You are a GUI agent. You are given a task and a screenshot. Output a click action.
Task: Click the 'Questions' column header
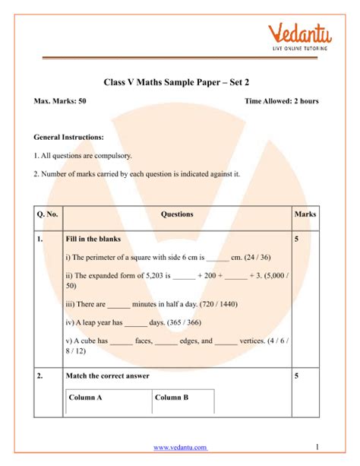pyautogui.click(x=178, y=214)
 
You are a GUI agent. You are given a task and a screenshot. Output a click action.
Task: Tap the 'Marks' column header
pyautogui.click(x=305, y=214)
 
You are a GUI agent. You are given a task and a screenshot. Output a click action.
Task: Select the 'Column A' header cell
pyautogui.click(x=85, y=397)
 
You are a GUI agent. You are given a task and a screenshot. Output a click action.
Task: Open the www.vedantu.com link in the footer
pyautogui.click(x=180, y=448)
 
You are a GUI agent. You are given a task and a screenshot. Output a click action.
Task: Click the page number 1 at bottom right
pyautogui.click(x=315, y=446)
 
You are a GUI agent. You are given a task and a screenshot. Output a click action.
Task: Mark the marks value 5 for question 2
pyautogui.click(x=296, y=376)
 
